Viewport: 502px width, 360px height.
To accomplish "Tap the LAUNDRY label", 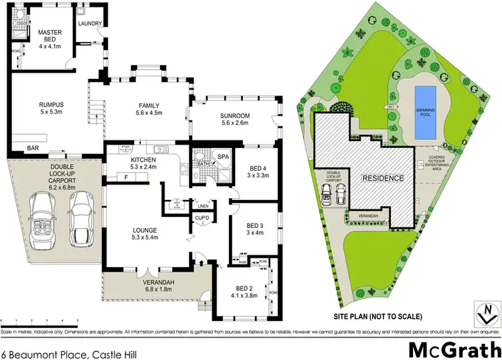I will [x=90, y=24].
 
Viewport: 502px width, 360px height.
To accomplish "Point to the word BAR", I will [x=32, y=148].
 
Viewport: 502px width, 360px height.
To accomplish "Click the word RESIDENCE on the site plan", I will [x=383, y=179].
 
